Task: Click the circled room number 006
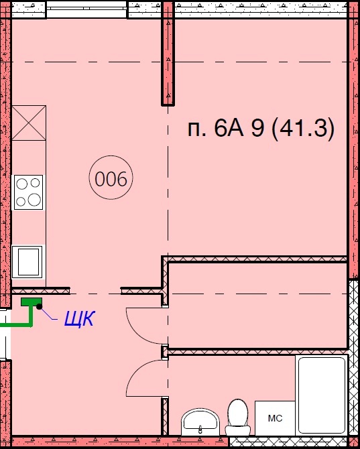pyautogui.click(x=111, y=178)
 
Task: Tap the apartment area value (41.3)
pyautogui.click(x=302, y=129)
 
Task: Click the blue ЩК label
pyautogui.click(x=79, y=318)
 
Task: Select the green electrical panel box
pyautogui.click(x=32, y=302)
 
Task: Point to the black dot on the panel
pyautogui.click(x=40, y=307)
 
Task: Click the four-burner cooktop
pyautogui.click(x=28, y=192)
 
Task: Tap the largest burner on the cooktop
pyautogui.click(x=34, y=199)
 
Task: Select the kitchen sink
pyautogui.click(x=27, y=262)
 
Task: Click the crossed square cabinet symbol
pyautogui.click(x=29, y=123)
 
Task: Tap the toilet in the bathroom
pyautogui.click(x=238, y=418)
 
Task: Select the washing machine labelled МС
pyautogui.click(x=275, y=418)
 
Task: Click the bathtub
pyautogui.click(x=322, y=395)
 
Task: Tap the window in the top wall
pyautogui.click(x=86, y=9)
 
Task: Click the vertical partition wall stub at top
pyautogui.click(x=168, y=53)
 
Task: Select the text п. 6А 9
pyautogui.click(x=226, y=129)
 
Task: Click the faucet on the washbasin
pyautogui.click(x=200, y=429)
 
